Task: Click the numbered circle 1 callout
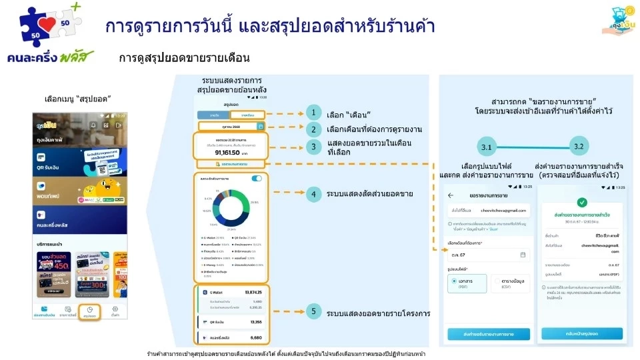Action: pos(313,114)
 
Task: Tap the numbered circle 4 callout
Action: pos(313,194)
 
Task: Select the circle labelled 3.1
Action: pos(485,145)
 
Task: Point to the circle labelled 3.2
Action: pos(578,145)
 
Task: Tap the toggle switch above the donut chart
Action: pos(256,179)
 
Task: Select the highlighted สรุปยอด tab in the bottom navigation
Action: pos(89,311)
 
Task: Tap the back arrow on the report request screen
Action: pos(451,195)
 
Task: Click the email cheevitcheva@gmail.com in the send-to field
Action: pos(503,211)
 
